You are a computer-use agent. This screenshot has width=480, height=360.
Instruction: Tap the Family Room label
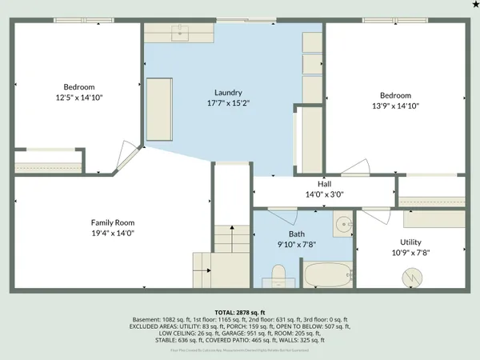click(113, 222)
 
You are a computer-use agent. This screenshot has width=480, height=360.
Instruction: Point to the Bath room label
click(297, 234)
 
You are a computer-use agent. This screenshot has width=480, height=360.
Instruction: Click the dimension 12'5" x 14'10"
click(79, 98)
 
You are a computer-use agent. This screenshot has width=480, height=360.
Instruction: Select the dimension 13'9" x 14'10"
click(395, 106)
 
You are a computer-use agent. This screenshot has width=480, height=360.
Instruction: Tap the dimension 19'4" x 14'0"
click(113, 233)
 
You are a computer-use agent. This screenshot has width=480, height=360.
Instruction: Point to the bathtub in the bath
click(326, 276)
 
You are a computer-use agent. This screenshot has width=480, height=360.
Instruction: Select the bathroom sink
click(343, 225)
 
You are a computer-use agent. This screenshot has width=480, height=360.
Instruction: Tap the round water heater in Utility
click(410, 276)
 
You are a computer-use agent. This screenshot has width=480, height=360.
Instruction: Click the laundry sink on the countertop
click(178, 32)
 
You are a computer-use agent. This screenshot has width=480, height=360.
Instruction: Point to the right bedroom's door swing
click(356, 166)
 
